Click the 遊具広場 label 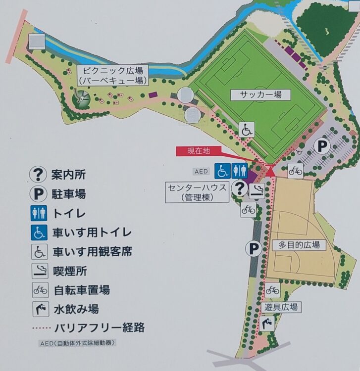(x=280, y=307)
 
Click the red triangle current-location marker (x=270, y=171)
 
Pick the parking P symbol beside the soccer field (x=323, y=146)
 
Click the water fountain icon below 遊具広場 (x=267, y=324)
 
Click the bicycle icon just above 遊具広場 (x=272, y=289)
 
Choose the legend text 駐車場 (x=68, y=194)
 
